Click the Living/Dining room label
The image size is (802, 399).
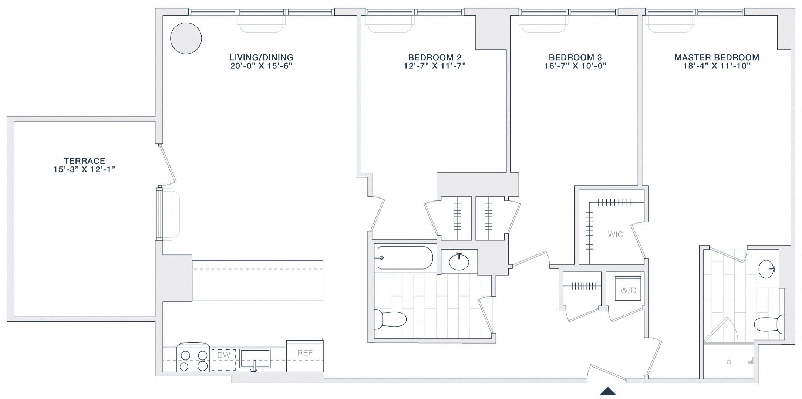(261, 58)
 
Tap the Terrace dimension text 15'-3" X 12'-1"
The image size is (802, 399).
(84, 170)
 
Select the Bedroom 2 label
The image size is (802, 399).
(435, 58)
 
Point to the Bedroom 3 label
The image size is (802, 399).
(575, 58)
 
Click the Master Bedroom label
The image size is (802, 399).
(717, 58)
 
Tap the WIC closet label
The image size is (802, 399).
(616, 234)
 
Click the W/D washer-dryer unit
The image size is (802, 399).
(628, 288)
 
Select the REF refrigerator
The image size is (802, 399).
(305, 356)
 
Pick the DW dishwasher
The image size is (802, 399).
(223, 360)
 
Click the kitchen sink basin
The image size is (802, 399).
(255, 358)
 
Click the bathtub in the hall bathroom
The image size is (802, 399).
(405, 258)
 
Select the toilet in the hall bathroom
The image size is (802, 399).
(390, 319)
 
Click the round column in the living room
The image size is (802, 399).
(186, 38)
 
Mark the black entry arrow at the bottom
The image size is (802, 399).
(608, 391)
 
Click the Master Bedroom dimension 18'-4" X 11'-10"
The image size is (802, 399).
(717, 66)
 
